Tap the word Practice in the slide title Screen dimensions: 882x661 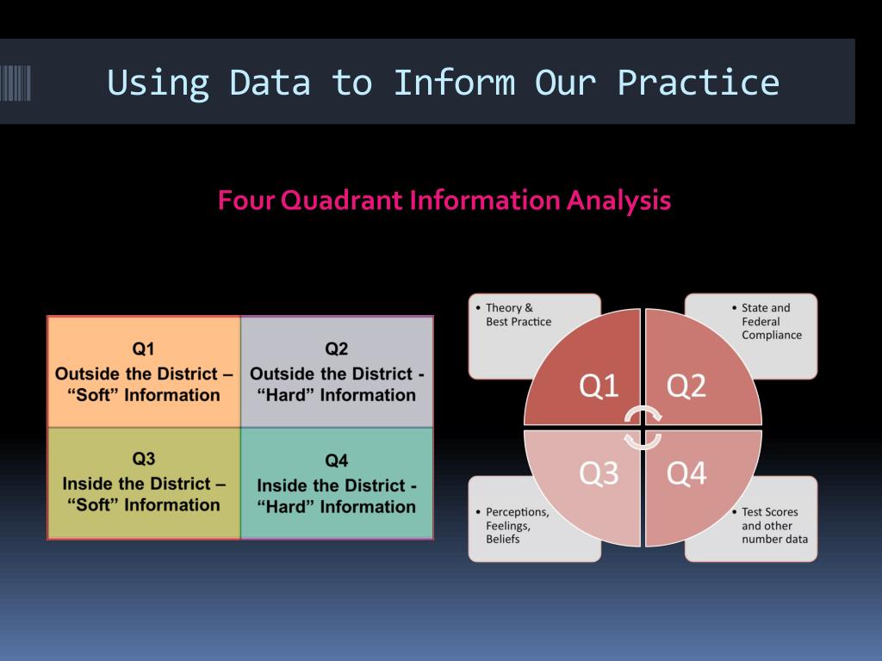tap(698, 83)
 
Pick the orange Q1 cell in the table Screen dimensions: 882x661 tap(144, 372)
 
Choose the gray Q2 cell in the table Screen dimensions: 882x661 tap(337, 372)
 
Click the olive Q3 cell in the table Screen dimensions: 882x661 tap(144, 482)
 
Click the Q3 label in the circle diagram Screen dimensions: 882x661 tap(599, 473)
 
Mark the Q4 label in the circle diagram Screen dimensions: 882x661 tap(686, 473)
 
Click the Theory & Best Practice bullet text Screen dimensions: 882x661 tap(518, 315)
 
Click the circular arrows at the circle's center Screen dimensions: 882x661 tap(643, 428)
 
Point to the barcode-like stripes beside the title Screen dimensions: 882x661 tap(16, 83)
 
